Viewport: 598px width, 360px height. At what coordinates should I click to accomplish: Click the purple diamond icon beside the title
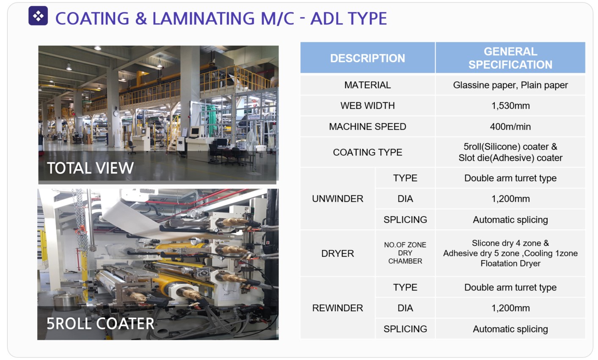point(38,16)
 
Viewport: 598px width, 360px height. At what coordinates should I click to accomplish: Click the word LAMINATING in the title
point(204,19)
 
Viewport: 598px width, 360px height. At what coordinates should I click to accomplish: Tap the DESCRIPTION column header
point(367,58)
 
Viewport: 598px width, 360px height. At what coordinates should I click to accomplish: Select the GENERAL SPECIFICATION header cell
point(510,58)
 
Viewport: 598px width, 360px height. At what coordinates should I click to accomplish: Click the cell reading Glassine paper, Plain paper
point(510,85)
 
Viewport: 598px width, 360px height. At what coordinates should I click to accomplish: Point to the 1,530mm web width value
point(510,106)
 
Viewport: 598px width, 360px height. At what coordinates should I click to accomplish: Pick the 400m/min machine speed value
point(510,126)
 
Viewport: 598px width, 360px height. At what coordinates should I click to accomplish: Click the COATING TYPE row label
point(367,152)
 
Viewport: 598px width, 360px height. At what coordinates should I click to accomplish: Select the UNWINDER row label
point(337,198)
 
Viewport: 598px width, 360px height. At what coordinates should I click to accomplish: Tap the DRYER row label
point(337,253)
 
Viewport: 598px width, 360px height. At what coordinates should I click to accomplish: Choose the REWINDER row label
point(337,308)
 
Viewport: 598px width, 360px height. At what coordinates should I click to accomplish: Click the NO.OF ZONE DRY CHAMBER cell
point(405,253)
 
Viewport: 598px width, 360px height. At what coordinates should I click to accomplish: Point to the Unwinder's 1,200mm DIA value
point(510,198)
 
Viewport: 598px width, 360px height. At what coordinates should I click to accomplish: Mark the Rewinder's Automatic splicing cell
point(510,329)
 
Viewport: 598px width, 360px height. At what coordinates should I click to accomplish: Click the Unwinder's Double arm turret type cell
point(510,178)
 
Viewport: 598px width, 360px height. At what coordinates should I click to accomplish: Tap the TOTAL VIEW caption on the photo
point(90,168)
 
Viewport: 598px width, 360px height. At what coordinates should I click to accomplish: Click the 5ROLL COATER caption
point(100,324)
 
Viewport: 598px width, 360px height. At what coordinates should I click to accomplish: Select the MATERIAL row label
point(367,85)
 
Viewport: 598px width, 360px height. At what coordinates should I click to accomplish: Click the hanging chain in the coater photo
point(80,219)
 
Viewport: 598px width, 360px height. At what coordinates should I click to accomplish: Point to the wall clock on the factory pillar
point(116,113)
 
